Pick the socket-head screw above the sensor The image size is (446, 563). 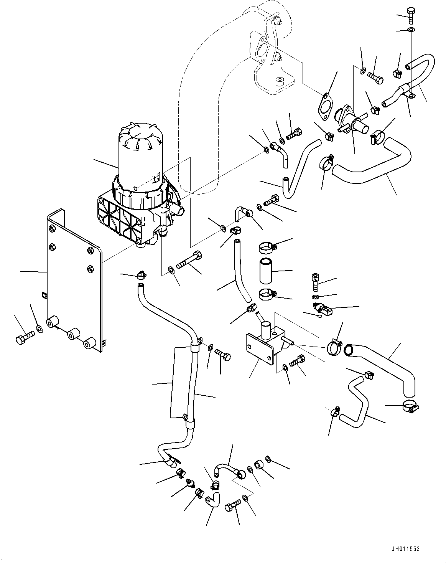point(315,282)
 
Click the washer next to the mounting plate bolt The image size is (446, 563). point(39,328)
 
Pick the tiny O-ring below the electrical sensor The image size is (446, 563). point(319,316)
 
